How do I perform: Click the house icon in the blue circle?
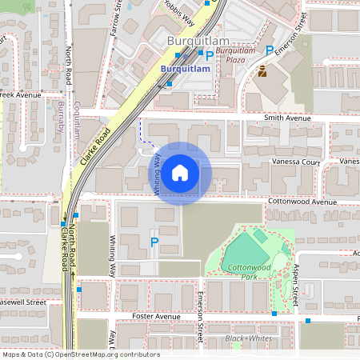[180, 173]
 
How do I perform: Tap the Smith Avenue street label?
[287, 118]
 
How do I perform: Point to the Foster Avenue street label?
[155, 316]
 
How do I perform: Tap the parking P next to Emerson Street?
[270, 50]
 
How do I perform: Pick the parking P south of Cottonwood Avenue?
[154, 242]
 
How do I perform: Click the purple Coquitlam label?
[77, 118]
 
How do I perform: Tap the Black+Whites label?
[248, 338]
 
